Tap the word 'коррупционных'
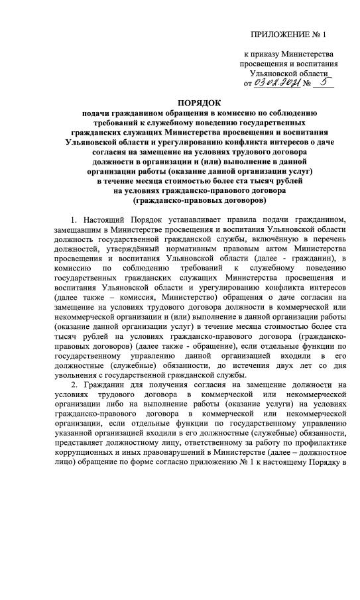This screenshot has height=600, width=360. point(85,458)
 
